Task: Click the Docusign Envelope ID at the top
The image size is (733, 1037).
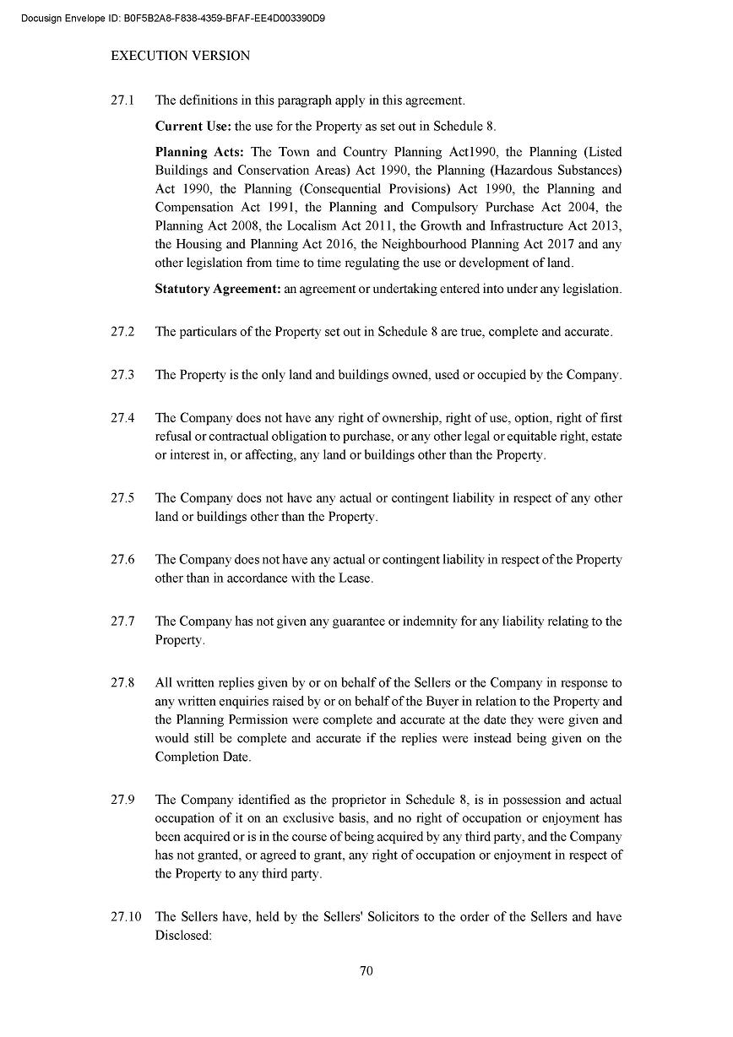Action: click(x=174, y=17)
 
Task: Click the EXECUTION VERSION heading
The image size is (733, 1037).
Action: click(x=181, y=56)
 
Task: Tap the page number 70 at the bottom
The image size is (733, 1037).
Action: click(x=366, y=970)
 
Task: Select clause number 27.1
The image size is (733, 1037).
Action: click(x=122, y=100)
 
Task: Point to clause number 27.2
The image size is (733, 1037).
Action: click(x=122, y=331)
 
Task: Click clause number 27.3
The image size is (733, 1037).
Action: click(x=122, y=374)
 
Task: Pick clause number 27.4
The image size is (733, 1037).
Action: click(x=122, y=418)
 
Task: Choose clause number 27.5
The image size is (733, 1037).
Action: click(x=122, y=497)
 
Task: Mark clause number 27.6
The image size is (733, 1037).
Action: click(x=122, y=559)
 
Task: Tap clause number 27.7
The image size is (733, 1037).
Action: click(x=122, y=621)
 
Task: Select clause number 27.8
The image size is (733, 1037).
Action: click(x=122, y=682)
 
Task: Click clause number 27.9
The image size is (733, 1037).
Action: click(x=122, y=799)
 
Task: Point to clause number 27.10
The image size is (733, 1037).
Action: click(x=126, y=916)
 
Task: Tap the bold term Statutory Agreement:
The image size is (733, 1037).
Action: click(x=217, y=289)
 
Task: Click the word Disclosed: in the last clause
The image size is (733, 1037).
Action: click(x=183, y=935)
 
